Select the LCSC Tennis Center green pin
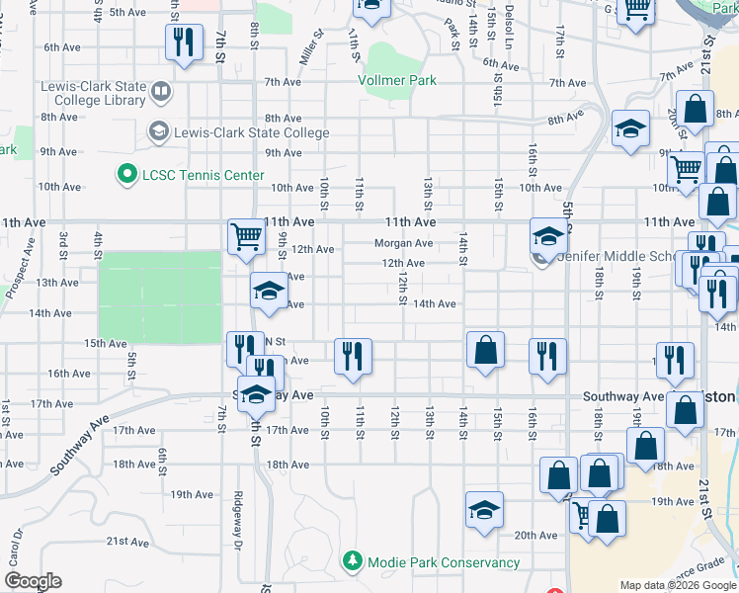click(126, 175)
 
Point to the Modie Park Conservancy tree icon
click(353, 562)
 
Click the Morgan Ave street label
click(403, 243)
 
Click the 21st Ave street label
click(127, 542)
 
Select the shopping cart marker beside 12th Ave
click(246, 237)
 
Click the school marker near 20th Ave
click(484, 511)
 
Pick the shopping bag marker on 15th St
click(485, 350)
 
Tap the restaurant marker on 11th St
click(353, 356)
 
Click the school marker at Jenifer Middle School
click(547, 237)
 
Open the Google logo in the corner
click(32, 581)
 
